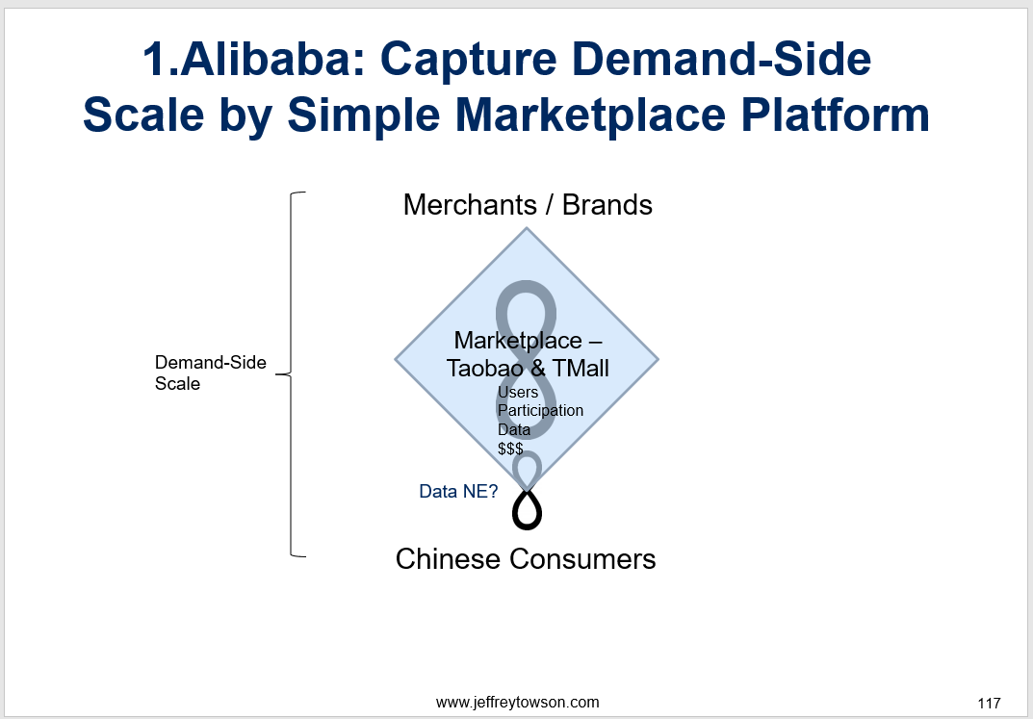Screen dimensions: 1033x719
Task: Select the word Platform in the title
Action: [836, 115]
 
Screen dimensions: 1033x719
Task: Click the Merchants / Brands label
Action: [528, 205]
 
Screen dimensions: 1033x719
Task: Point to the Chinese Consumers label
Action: [526, 559]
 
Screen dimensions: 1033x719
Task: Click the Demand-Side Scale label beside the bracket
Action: [211, 372]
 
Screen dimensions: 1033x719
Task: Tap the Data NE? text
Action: [458, 491]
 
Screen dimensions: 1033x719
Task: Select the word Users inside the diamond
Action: [518, 392]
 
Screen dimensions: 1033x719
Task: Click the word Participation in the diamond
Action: [540, 411]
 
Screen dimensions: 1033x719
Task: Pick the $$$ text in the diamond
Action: [510, 449]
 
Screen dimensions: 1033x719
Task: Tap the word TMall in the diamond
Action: [581, 368]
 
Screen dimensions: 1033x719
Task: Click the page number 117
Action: [989, 704]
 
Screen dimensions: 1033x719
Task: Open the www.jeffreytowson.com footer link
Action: [518, 703]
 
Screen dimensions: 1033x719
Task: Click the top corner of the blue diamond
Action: [527, 228]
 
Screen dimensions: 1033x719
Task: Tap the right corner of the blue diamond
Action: [659, 360]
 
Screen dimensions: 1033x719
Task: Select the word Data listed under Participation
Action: [514, 430]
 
